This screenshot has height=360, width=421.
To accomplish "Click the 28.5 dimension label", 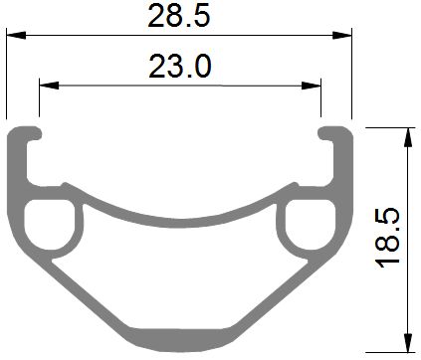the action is coord(179,17).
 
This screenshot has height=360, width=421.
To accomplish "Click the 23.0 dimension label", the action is coord(180,67).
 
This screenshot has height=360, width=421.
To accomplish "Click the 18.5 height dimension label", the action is coord(387,238).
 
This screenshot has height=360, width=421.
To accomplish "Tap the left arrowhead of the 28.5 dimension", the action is coord(16,35).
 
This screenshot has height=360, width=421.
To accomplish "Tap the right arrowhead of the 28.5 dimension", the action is coord(342,35).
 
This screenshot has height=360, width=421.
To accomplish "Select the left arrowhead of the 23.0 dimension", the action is coord(49,86).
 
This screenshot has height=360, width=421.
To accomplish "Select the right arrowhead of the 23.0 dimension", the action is coord(312,86).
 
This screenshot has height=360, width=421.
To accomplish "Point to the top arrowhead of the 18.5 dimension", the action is coord(408,137).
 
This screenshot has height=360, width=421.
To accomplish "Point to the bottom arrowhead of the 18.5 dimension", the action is coord(408,342).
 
